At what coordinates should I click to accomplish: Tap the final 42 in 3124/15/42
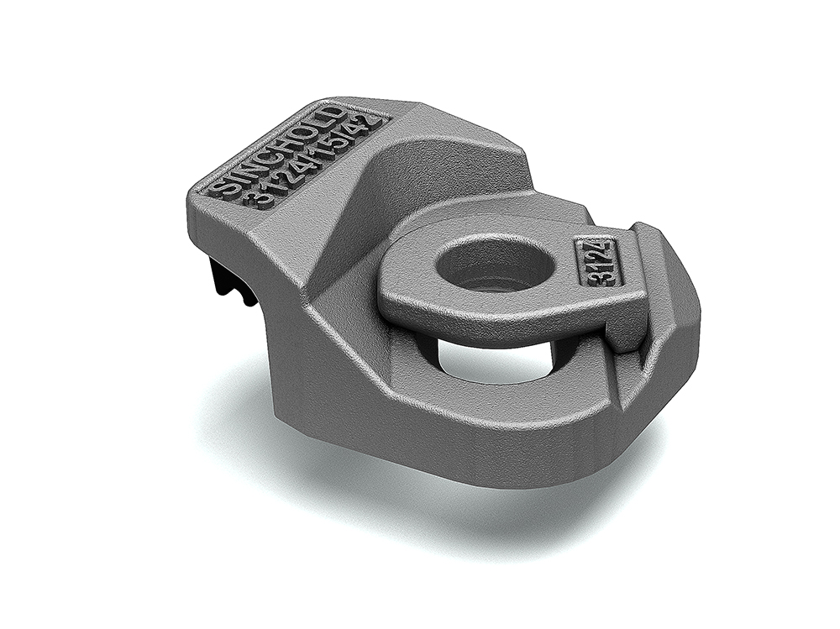click(x=369, y=128)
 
